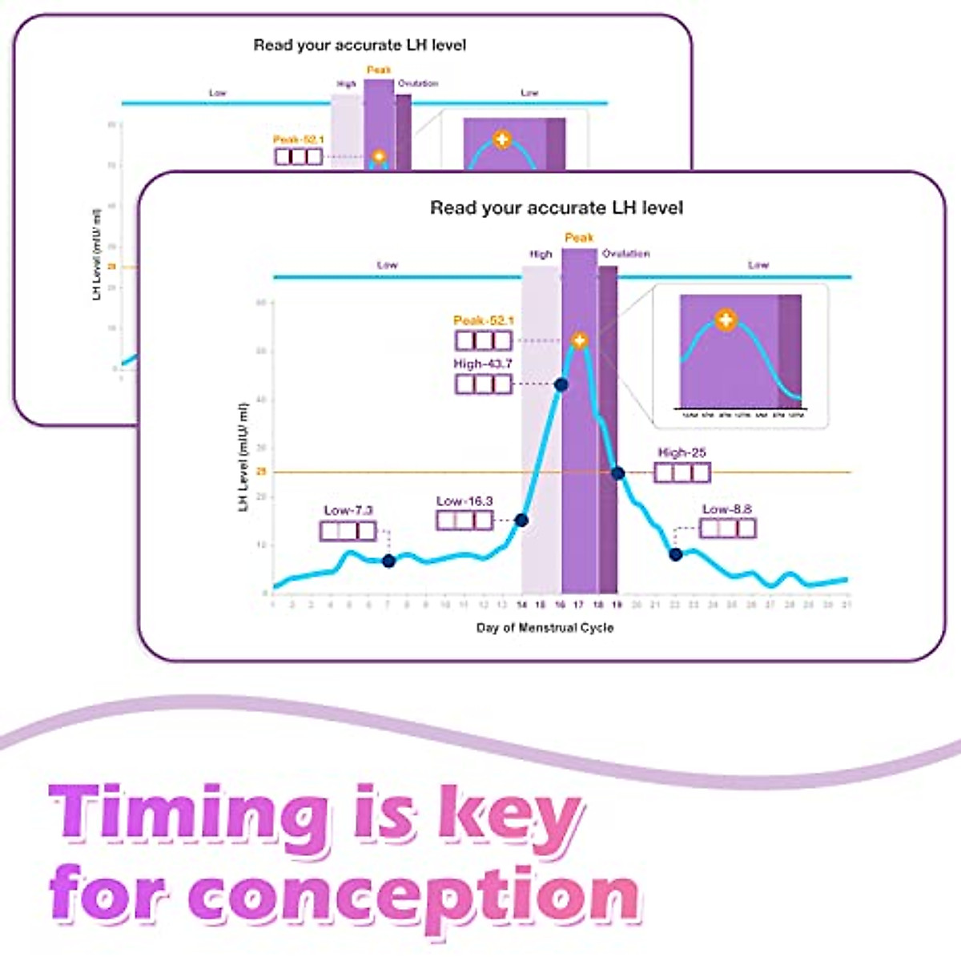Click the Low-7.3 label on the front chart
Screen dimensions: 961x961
348,511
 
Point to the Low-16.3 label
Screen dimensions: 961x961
464,501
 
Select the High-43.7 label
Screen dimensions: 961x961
483,364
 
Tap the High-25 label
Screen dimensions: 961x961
682,452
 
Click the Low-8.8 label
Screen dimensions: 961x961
727,509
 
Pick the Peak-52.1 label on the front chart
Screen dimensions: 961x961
484,321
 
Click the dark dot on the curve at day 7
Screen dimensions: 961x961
388,561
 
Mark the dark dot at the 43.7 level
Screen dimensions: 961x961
561,385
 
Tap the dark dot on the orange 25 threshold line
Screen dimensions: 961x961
617,473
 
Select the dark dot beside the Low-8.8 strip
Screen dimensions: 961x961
676,554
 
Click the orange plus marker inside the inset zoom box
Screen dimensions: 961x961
726,320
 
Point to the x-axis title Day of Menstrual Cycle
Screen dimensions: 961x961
545,628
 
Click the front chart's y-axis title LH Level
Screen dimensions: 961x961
243,457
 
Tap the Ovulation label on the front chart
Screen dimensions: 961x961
626,254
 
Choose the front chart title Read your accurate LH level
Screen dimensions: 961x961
557,208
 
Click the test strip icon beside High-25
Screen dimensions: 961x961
682,472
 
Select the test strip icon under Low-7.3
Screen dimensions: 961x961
348,531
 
